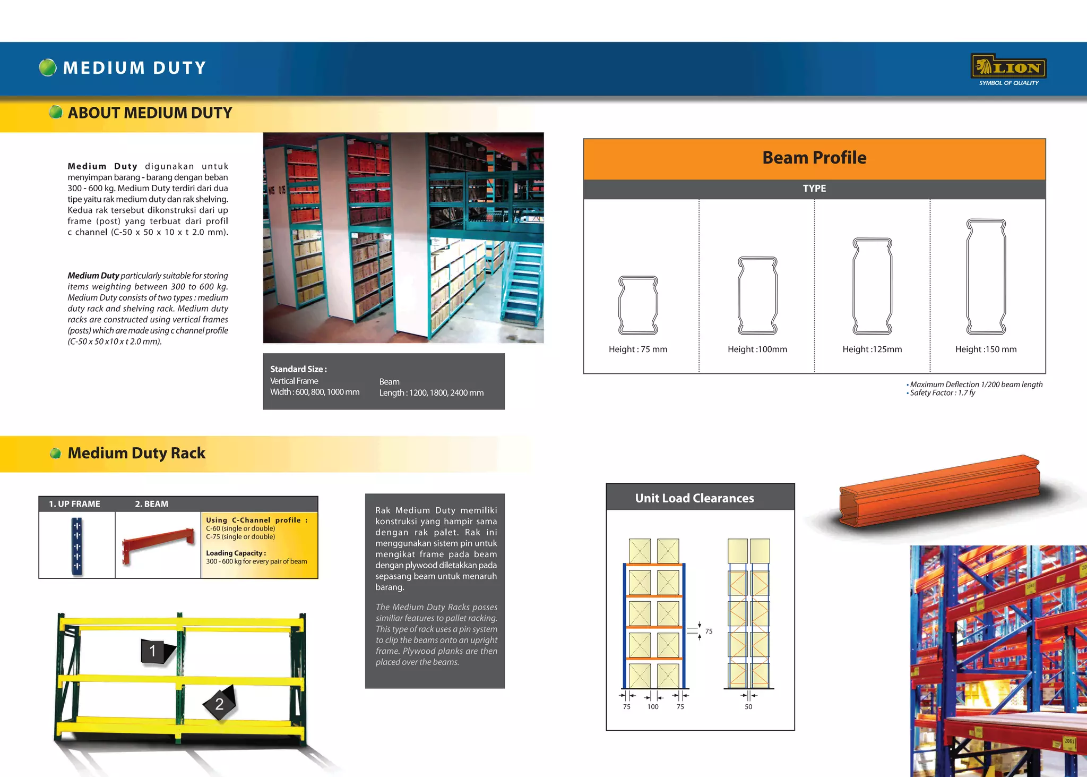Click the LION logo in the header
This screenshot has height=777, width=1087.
pos(1008,68)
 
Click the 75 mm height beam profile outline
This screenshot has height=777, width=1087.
pos(638,305)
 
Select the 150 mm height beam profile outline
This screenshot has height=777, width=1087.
pos(986,276)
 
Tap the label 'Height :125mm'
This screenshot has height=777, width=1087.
pos(872,349)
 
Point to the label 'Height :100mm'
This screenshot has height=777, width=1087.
pos(757,349)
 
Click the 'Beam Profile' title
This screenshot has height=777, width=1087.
pos(814,158)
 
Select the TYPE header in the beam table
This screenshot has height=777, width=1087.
pos(814,189)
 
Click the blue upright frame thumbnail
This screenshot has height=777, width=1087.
pos(77,546)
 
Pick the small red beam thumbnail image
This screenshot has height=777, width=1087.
pos(158,543)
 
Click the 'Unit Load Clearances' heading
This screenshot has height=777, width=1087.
pos(694,498)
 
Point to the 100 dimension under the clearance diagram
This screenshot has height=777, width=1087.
pos(653,707)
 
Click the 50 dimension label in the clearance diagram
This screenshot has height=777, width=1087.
pos(748,707)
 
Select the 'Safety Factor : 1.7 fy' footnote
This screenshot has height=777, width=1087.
pos(942,393)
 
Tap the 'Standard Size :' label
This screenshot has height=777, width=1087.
pos(298,369)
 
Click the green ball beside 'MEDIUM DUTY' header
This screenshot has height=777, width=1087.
pos(48,67)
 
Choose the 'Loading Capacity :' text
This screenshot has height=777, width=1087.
pos(236,553)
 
